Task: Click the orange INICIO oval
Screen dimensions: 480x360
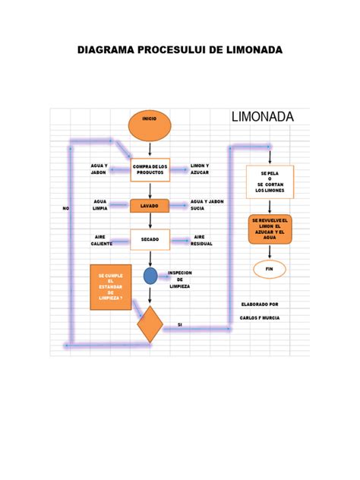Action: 150,125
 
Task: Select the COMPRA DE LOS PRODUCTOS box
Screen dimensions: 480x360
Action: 150,169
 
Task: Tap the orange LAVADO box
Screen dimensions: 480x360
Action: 150,205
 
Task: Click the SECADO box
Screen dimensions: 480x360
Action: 150,240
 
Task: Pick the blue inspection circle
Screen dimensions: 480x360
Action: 150,276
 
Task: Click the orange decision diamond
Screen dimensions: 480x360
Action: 150,324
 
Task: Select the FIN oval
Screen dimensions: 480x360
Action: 269,269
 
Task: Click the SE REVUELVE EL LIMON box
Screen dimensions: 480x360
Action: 270,229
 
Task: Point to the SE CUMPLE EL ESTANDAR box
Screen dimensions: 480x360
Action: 110,287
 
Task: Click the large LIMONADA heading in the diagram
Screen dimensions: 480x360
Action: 261,116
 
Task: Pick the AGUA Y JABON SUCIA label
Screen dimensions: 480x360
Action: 207,204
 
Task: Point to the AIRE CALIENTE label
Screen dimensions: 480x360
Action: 101,240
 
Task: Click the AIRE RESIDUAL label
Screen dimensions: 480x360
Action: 201,240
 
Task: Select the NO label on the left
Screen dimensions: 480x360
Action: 65,208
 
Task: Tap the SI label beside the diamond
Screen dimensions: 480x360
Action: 180,324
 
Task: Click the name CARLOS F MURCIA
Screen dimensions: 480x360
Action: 260,318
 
